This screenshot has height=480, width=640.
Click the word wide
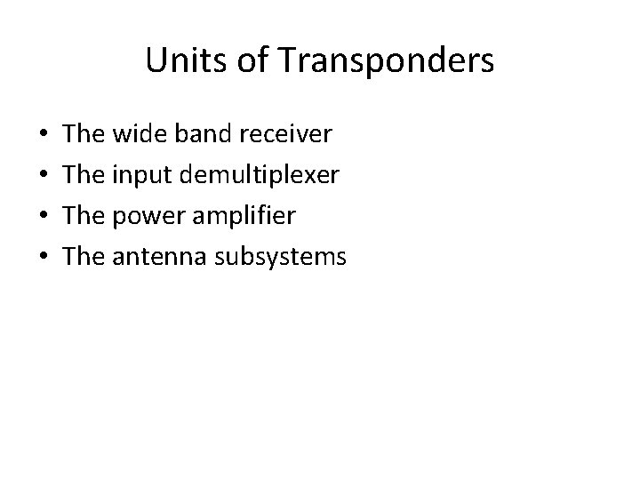click(x=136, y=135)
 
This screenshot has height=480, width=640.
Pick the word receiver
click(x=284, y=135)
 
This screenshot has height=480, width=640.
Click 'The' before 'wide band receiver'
click(x=84, y=135)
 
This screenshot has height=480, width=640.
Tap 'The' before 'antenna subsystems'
click(x=84, y=258)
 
